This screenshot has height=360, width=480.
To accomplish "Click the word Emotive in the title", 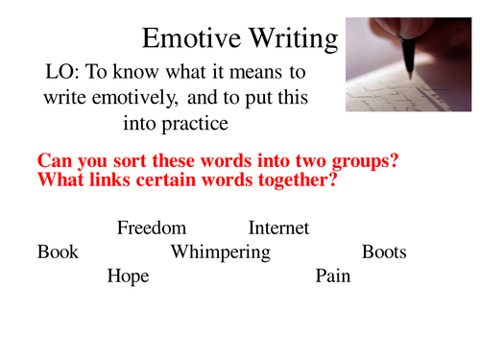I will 187,38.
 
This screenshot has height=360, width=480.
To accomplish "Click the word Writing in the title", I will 287,38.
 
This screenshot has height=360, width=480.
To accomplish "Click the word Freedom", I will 152,228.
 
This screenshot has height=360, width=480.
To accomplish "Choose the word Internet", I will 278,228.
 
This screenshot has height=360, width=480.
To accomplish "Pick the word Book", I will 58,252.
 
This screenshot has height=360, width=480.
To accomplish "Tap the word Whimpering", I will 220,253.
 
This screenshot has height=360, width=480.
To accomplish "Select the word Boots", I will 384,252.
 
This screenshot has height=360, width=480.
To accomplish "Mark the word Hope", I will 129,276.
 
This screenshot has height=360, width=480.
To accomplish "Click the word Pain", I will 333,276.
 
